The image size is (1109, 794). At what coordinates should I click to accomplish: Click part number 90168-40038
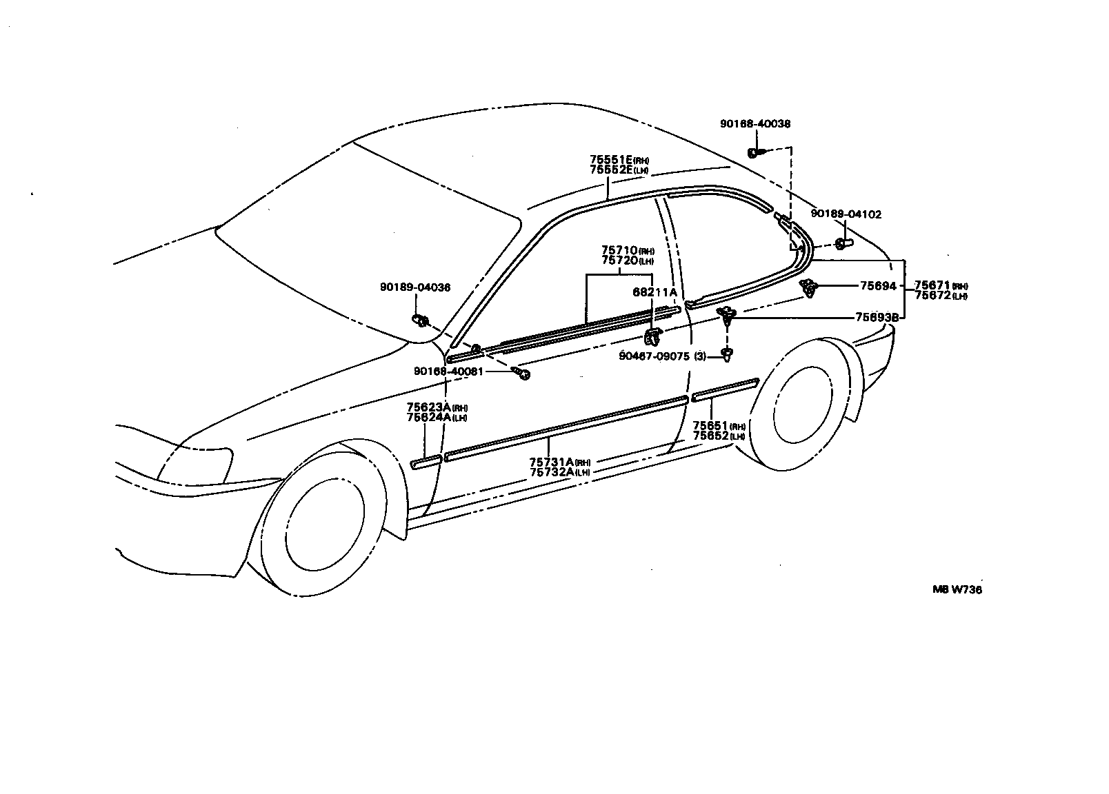click(755, 124)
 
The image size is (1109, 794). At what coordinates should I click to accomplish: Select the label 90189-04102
click(846, 214)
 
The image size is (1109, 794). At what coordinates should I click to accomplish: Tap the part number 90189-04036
click(414, 287)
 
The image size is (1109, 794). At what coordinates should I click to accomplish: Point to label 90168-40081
click(448, 371)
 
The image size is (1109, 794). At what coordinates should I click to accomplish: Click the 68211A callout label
click(655, 292)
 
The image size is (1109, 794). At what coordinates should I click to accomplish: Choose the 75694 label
click(877, 285)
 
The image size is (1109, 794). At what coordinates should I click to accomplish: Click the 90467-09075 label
click(653, 356)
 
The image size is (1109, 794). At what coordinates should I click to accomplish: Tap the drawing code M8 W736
click(957, 589)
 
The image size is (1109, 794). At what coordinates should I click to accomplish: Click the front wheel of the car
click(325, 531)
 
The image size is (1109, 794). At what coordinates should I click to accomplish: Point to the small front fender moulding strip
click(426, 461)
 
